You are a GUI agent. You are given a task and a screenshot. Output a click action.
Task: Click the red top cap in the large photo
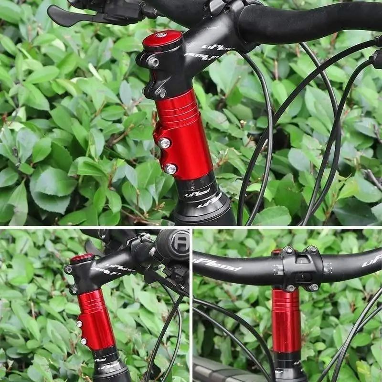pyautogui.click(x=162, y=40)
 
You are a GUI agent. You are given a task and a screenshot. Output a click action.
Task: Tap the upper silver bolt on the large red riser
pyautogui.click(x=165, y=142)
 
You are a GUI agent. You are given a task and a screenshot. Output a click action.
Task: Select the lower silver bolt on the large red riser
pyautogui.click(x=170, y=168)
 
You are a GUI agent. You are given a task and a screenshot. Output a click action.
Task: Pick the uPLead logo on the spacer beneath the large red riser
pyautogui.click(x=197, y=192)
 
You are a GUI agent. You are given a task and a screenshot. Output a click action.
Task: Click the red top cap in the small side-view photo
pyautogui.click(x=82, y=258)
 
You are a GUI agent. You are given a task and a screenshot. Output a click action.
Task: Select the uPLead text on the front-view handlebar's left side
pyautogui.click(x=217, y=264)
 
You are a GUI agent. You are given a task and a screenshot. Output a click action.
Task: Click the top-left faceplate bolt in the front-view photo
pyautogui.click(x=288, y=250)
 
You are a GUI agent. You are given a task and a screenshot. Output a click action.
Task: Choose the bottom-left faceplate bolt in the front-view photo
pyautogui.click(x=290, y=287)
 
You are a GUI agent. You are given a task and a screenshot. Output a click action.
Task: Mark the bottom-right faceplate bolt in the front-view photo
pyautogui.click(x=314, y=286)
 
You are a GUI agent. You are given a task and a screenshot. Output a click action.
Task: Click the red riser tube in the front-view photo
pyautogui.click(x=286, y=320)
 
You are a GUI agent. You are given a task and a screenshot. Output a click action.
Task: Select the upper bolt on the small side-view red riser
pyautogui.click(x=79, y=324)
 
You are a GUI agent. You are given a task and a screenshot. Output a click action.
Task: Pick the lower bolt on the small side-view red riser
pyautogui.click(x=84, y=341)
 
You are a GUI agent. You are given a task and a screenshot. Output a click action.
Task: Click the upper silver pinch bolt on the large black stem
pyautogui.click(x=153, y=62)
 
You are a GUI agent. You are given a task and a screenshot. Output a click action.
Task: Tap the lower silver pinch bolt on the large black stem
pyautogui.click(x=161, y=92)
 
